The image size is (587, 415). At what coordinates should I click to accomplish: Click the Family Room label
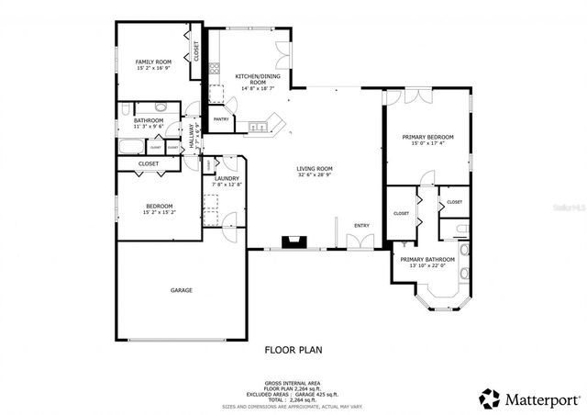tap(153, 61)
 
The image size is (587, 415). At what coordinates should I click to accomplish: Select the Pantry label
tap(221, 118)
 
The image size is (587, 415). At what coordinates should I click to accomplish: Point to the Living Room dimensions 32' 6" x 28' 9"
tap(314, 174)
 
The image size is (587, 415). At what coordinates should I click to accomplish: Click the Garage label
tap(181, 290)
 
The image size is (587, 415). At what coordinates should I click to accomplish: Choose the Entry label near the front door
tap(361, 225)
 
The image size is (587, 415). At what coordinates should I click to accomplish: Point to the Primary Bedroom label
tap(427, 137)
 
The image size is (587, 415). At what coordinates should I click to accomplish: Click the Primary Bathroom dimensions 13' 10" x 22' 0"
tap(426, 265)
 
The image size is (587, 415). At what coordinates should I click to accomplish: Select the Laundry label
tap(227, 178)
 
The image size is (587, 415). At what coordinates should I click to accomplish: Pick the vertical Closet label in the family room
tap(195, 50)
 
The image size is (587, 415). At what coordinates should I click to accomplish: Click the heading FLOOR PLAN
tap(293, 349)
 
